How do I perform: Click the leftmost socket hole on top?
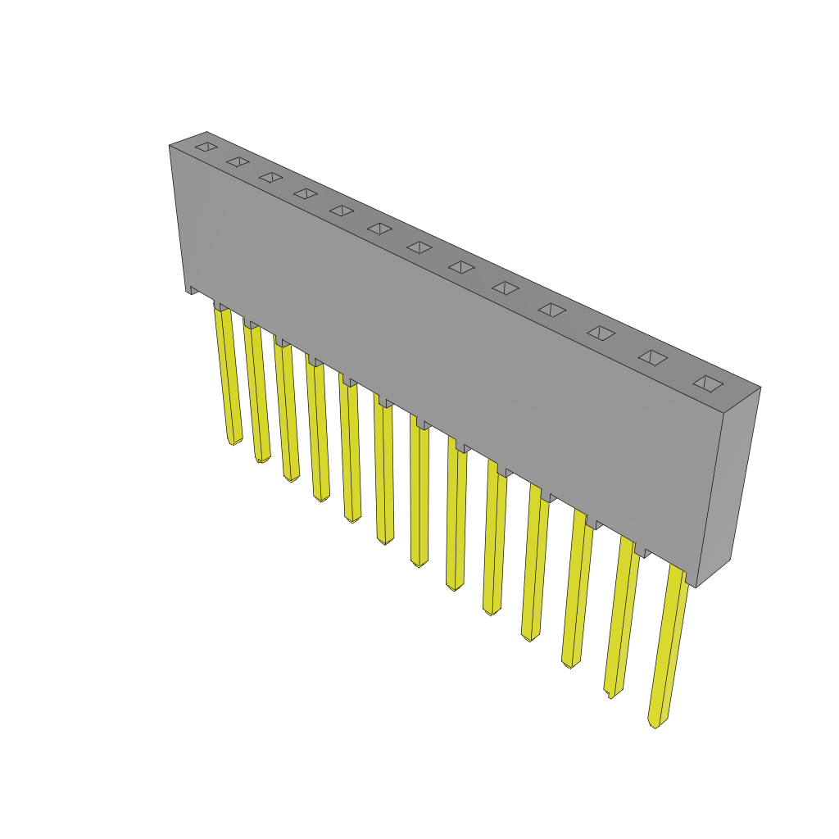point(206,147)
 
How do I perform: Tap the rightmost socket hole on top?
point(708,383)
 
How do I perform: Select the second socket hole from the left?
point(238,161)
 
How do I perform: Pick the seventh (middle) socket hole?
point(419,247)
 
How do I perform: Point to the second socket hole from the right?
point(653,357)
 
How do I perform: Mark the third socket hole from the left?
point(271,177)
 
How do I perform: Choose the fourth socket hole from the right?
point(552,310)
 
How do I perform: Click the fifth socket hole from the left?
point(342,211)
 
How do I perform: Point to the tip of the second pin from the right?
point(611,693)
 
